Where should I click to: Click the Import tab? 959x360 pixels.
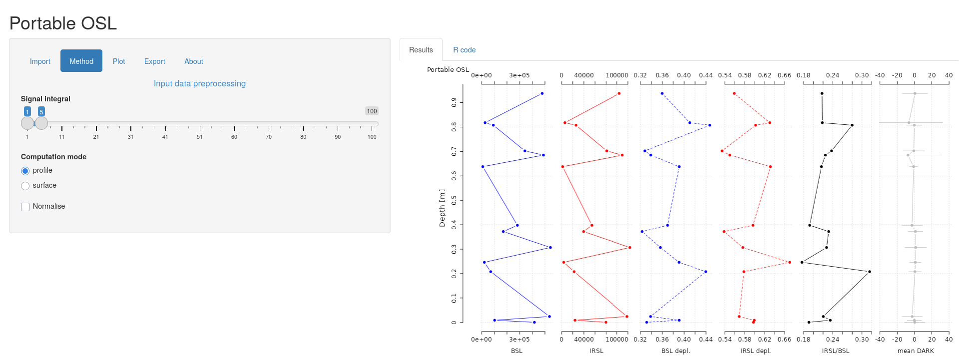click(40, 61)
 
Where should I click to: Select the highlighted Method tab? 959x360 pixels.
click(81, 61)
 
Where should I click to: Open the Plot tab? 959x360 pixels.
click(119, 61)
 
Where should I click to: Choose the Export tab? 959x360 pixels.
click(154, 61)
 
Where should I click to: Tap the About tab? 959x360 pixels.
click(194, 61)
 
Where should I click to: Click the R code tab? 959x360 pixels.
click(464, 50)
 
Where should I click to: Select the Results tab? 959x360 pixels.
click(421, 50)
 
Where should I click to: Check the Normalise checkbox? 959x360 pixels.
click(25, 207)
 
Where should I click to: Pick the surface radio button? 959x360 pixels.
click(25, 186)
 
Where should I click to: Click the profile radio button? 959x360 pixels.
click(25, 171)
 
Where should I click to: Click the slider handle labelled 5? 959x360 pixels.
click(41, 123)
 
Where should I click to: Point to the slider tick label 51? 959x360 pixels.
click(199, 137)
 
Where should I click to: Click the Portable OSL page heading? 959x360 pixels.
click(63, 23)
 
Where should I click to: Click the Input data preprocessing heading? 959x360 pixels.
click(200, 83)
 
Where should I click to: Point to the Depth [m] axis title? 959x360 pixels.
click(442, 208)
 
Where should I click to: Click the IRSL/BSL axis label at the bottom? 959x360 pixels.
click(836, 351)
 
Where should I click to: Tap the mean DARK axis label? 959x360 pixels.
click(916, 351)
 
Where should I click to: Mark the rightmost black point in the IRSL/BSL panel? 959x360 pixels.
click(870, 272)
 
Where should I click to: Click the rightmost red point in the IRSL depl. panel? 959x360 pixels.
click(790, 262)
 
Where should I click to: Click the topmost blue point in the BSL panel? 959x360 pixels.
click(542, 93)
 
